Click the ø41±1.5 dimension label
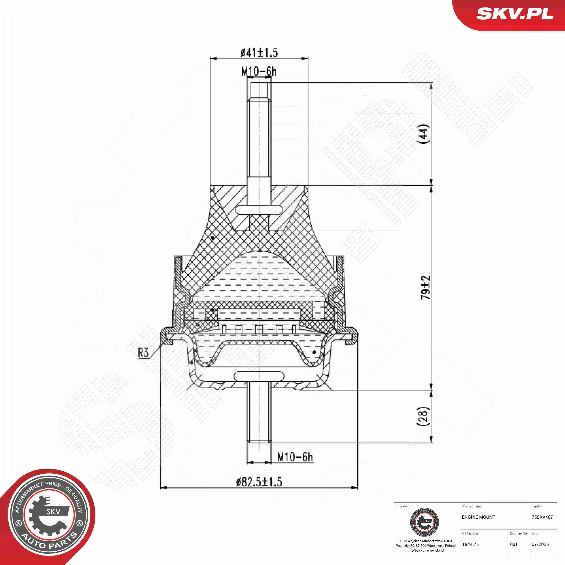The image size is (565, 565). (x=259, y=53)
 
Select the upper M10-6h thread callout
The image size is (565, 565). (x=259, y=71)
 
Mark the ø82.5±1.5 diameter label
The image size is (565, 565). (x=259, y=482)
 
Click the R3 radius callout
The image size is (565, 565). (x=143, y=353)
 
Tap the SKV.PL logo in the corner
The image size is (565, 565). (x=515, y=14)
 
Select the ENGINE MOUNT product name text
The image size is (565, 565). (x=478, y=517)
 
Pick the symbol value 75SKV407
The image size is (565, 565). (x=542, y=517)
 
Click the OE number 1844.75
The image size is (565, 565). (x=471, y=544)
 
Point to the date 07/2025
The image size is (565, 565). (x=540, y=544)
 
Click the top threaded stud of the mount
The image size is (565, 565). (x=259, y=132)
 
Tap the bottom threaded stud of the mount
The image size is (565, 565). (x=259, y=415)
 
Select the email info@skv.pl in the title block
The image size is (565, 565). (x=417, y=550)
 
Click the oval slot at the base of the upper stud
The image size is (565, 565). (x=259, y=210)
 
